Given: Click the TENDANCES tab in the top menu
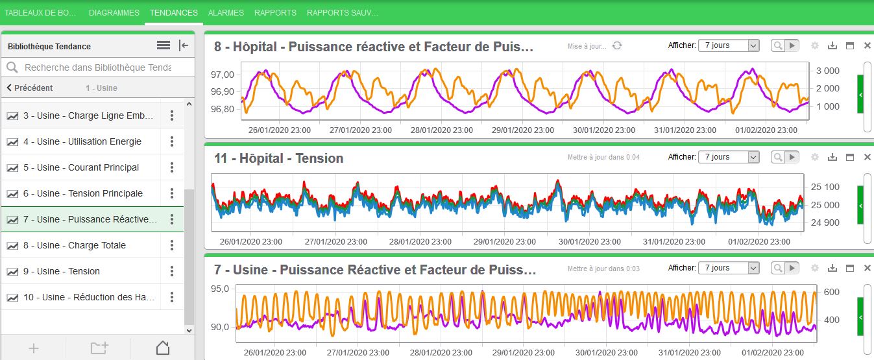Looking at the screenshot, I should pyautogui.click(x=173, y=12).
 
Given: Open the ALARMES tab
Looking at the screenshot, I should pyautogui.click(x=226, y=12).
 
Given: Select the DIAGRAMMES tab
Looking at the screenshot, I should pyautogui.click(x=114, y=12).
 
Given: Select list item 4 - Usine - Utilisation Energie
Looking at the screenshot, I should pyautogui.click(x=82, y=141).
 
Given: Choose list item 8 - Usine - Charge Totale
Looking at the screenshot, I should pyautogui.click(x=75, y=245).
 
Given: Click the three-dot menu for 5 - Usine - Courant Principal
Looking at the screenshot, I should pyautogui.click(x=172, y=167).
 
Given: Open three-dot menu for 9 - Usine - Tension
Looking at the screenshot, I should pyautogui.click(x=172, y=271).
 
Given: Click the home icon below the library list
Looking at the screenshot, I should pyautogui.click(x=163, y=348).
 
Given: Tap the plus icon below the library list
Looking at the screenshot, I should pyautogui.click(x=34, y=348).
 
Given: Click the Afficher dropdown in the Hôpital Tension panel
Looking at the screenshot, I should pyautogui.click(x=728, y=157).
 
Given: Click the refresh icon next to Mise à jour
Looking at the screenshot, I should pyautogui.click(x=617, y=45).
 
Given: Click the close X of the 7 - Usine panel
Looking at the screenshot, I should pyautogui.click(x=868, y=268).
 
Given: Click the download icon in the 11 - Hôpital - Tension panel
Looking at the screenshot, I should pyautogui.click(x=832, y=157).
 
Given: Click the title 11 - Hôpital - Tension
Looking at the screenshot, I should pyautogui.click(x=279, y=158).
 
